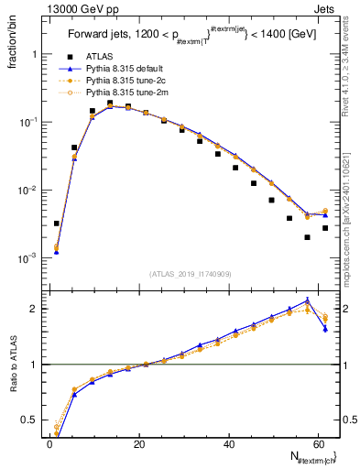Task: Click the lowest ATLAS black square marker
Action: [307, 237]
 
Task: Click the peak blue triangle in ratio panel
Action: [307, 300]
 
